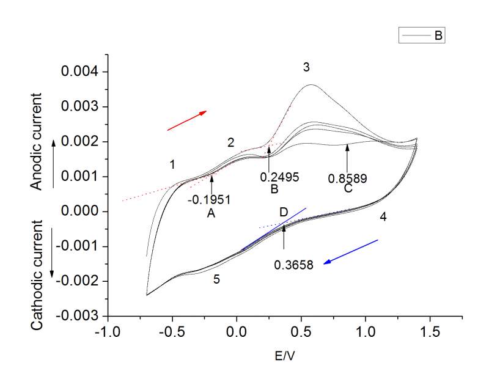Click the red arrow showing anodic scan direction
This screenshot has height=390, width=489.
187,120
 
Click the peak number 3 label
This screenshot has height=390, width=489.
306,67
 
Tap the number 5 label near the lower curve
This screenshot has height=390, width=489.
216,280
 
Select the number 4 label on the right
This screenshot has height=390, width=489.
383,216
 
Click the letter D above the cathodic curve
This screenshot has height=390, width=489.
284,213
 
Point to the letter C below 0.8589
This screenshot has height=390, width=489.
348,189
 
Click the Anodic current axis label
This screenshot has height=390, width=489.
38,141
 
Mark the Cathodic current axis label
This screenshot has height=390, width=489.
38,271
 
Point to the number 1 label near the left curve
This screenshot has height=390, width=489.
173,164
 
